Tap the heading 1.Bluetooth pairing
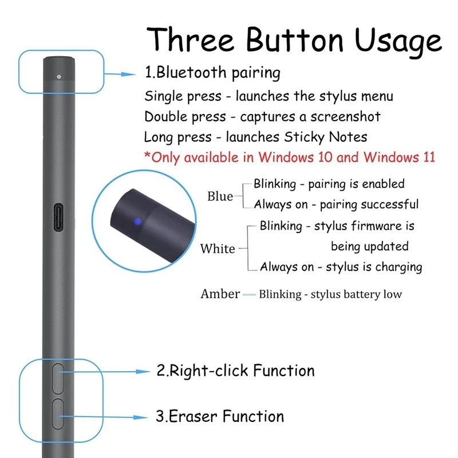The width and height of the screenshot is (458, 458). click(x=212, y=73)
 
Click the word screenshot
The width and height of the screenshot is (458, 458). click(x=345, y=117)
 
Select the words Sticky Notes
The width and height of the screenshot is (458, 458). click(x=326, y=137)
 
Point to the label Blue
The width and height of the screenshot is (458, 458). click(x=220, y=196)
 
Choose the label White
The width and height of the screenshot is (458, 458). click(x=218, y=249)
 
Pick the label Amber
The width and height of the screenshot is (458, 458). click(x=220, y=294)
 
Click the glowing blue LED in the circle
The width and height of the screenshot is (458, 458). click(x=137, y=222)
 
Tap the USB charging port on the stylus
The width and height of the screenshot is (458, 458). click(x=58, y=218)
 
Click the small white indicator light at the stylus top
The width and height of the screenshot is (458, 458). click(x=59, y=77)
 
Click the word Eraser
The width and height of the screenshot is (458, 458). click(x=193, y=416)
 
